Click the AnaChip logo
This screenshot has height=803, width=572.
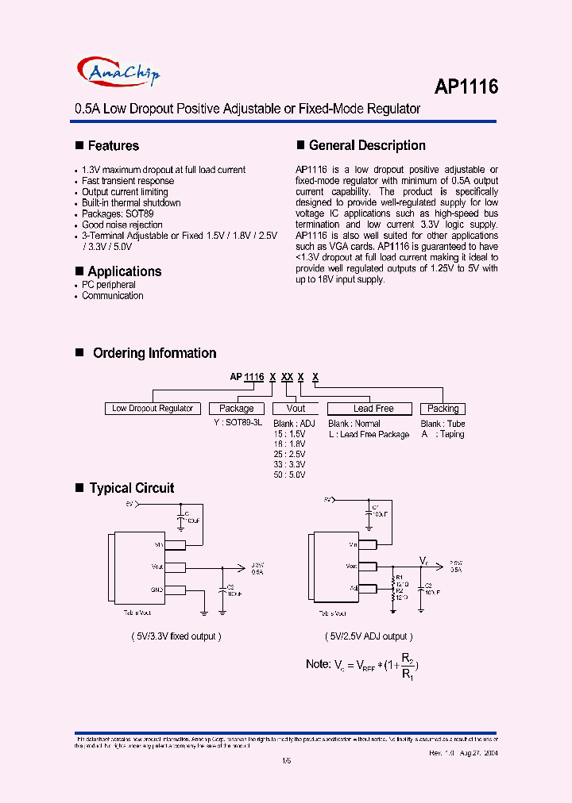coord(120,74)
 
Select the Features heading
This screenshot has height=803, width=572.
coord(113,146)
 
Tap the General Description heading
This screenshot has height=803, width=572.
coord(367,146)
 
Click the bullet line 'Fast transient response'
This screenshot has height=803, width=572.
coord(128,181)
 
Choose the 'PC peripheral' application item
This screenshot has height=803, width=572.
coord(109,285)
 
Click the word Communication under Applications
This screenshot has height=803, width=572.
coord(113,296)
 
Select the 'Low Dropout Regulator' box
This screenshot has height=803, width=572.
coord(153,409)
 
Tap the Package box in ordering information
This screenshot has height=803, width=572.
coord(236,409)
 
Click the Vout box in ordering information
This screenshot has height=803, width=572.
coord(296,409)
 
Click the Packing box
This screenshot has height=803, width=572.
coord(443,409)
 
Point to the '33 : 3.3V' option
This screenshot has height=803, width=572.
coord(289,464)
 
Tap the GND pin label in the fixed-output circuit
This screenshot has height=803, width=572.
coord(156,590)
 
